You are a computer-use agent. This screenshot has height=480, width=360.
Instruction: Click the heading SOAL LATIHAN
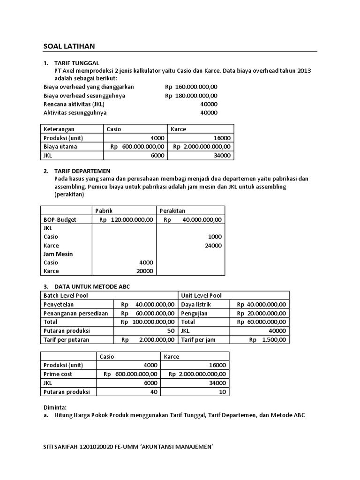point(69,46)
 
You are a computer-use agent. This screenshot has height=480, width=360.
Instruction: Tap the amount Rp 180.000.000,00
point(191,96)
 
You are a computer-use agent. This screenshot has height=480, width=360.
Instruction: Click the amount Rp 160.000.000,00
point(191,87)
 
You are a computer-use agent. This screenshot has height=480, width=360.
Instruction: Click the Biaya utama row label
point(60,146)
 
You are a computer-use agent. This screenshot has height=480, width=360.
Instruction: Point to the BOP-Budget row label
point(60,219)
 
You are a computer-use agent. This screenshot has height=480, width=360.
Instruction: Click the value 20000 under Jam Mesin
point(144,271)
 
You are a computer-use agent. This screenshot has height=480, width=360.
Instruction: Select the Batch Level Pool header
point(66,295)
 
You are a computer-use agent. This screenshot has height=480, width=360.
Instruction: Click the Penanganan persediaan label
point(75,313)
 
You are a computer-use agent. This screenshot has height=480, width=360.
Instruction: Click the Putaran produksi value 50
point(171,330)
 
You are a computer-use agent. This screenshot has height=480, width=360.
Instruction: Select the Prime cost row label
point(58,374)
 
